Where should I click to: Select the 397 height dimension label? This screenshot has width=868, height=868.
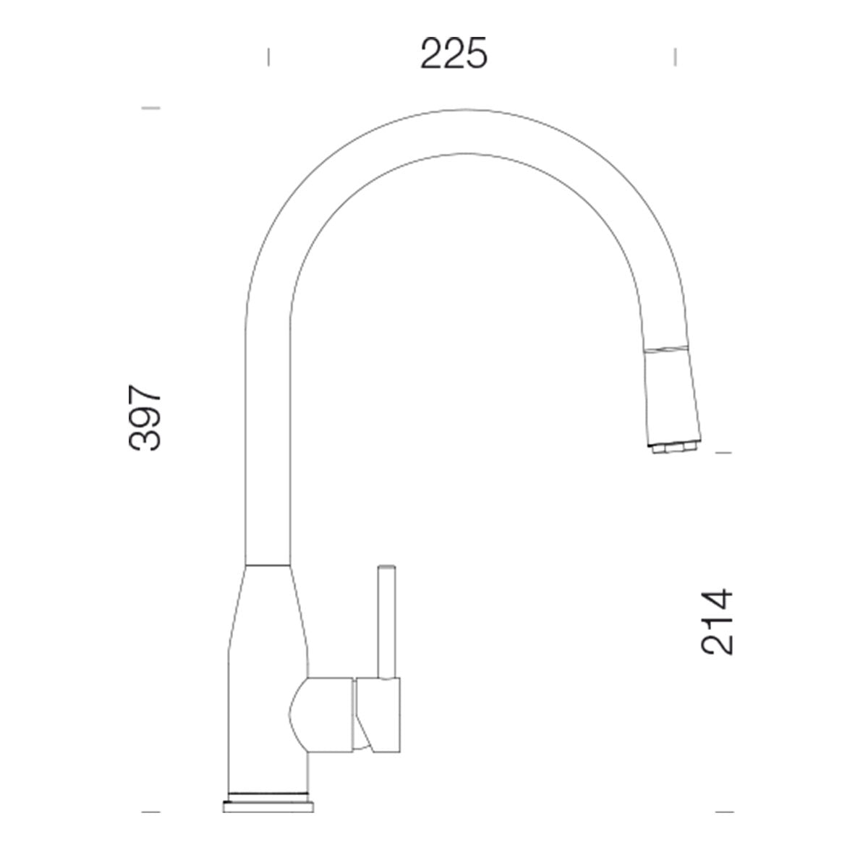point(144,417)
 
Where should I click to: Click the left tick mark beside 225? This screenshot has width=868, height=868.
point(268,57)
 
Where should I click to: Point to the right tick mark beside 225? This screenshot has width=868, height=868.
point(675,57)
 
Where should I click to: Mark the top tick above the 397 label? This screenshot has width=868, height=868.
point(151,108)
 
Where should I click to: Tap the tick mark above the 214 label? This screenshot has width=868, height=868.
point(724,453)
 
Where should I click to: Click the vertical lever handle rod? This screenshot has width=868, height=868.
point(387,628)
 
